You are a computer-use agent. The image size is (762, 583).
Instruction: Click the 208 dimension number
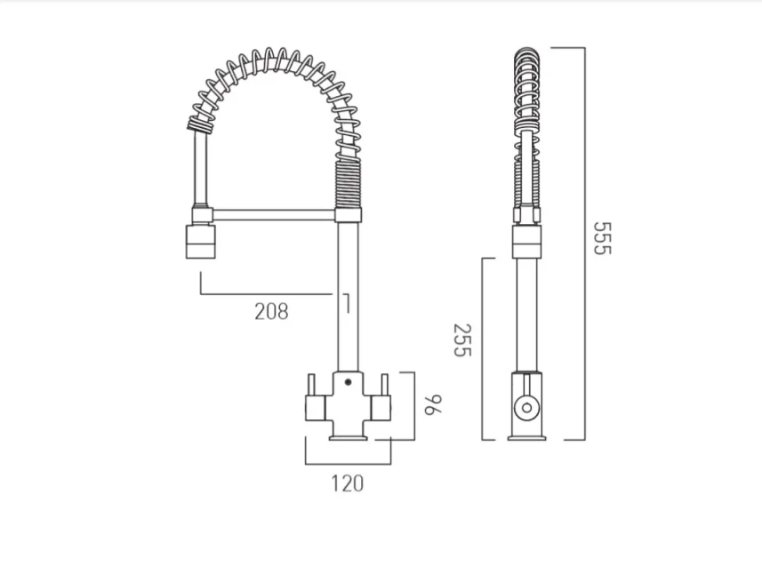(x=271, y=311)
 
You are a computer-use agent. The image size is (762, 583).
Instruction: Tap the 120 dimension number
(x=348, y=483)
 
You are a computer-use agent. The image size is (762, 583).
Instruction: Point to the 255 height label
(x=460, y=339)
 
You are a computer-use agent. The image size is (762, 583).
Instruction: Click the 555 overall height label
(x=603, y=238)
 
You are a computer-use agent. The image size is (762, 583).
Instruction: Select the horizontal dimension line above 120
(x=348, y=463)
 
